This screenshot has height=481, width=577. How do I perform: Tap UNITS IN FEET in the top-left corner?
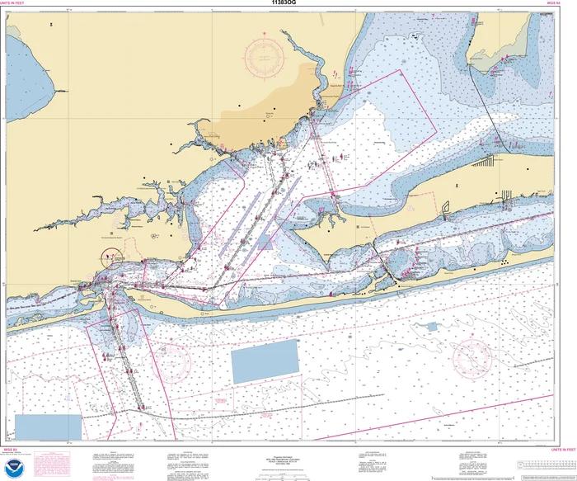(x=16, y=4)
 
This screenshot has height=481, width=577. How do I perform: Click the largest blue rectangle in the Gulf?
(x=265, y=361)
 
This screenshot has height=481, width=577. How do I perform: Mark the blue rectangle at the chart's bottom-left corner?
(x=49, y=427)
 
